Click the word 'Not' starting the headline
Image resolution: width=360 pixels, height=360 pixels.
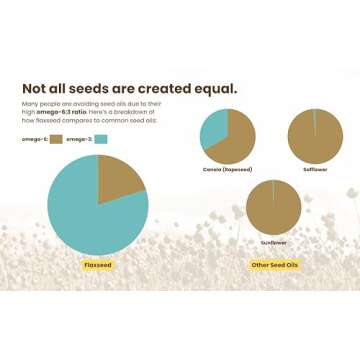click(x=38, y=87)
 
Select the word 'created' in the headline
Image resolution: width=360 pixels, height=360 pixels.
click(x=160, y=87)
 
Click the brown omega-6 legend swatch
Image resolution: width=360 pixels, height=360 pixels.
click(x=56, y=138)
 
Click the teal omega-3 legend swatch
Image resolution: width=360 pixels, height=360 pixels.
click(x=101, y=138)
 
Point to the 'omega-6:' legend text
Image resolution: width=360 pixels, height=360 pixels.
click(x=34, y=138)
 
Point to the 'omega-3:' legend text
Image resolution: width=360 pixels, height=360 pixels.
click(x=80, y=138)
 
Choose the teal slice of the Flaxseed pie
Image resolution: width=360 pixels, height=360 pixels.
click(x=90, y=215)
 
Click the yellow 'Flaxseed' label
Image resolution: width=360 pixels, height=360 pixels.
click(x=97, y=265)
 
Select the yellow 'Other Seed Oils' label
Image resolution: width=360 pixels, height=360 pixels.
click(x=273, y=265)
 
